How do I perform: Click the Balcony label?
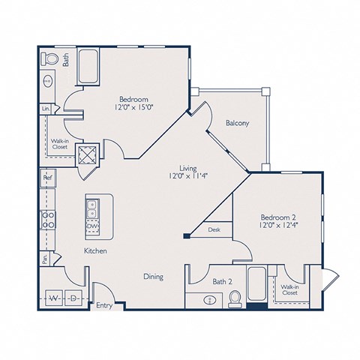[237, 123]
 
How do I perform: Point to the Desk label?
[214, 230]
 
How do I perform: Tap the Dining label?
[153, 277]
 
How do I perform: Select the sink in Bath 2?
[210, 299]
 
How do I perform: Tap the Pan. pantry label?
[46, 259]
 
